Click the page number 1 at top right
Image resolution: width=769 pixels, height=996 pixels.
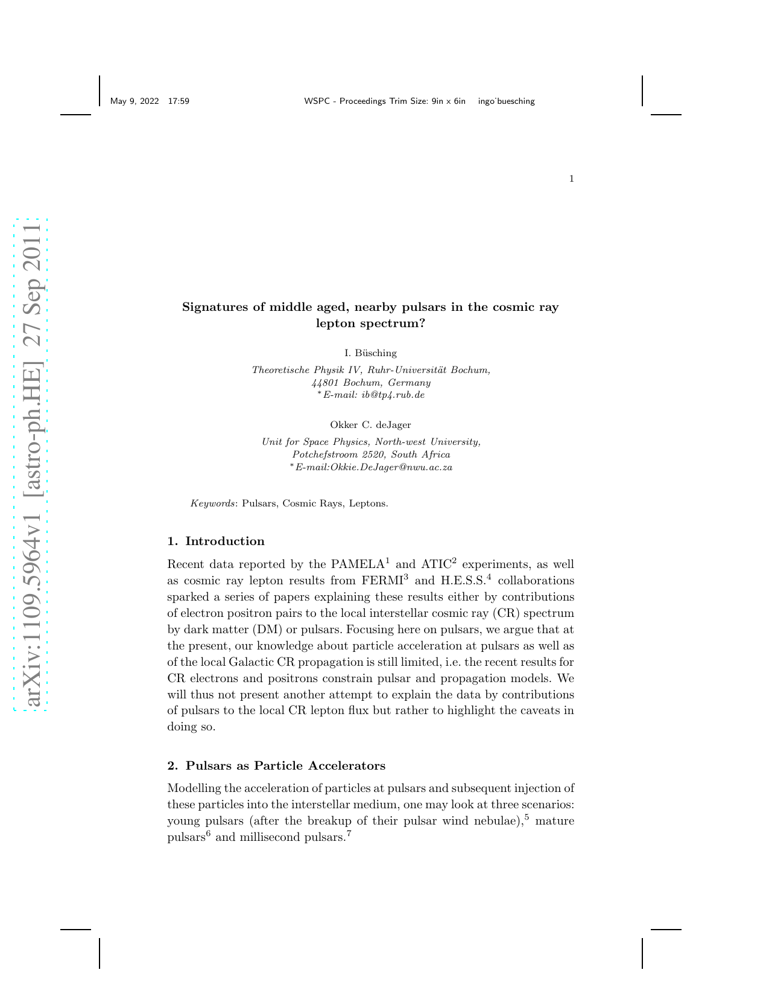coord(571,179)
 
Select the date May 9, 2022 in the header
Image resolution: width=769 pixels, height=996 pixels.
coord(134,101)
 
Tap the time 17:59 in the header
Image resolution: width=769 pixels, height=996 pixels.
coord(179,101)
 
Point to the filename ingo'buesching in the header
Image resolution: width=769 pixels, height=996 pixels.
coord(506,101)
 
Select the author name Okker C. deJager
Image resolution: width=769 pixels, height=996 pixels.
coord(370,425)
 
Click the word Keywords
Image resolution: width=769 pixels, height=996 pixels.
coord(213,503)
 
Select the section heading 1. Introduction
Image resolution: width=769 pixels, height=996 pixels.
coord(216,541)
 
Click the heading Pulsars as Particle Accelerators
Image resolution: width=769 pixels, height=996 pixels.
coord(285,766)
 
